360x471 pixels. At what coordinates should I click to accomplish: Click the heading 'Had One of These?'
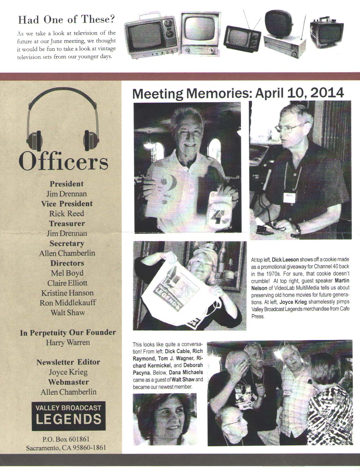[x=67, y=19]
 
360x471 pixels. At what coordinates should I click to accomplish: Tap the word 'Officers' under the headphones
[x=63, y=162]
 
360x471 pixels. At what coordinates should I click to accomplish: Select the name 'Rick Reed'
[x=67, y=214]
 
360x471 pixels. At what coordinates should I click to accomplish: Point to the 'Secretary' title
[x=67, y=243]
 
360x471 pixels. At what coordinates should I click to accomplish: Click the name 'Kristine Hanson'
[x=67, y=293]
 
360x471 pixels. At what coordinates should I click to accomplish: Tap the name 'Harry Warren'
[x=68, y=342]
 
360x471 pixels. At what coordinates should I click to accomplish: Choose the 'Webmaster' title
[x=68, y=382]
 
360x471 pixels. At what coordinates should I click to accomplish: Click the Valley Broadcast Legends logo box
[x=68, y=416]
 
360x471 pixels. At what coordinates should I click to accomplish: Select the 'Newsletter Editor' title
[x=68, y=362]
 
